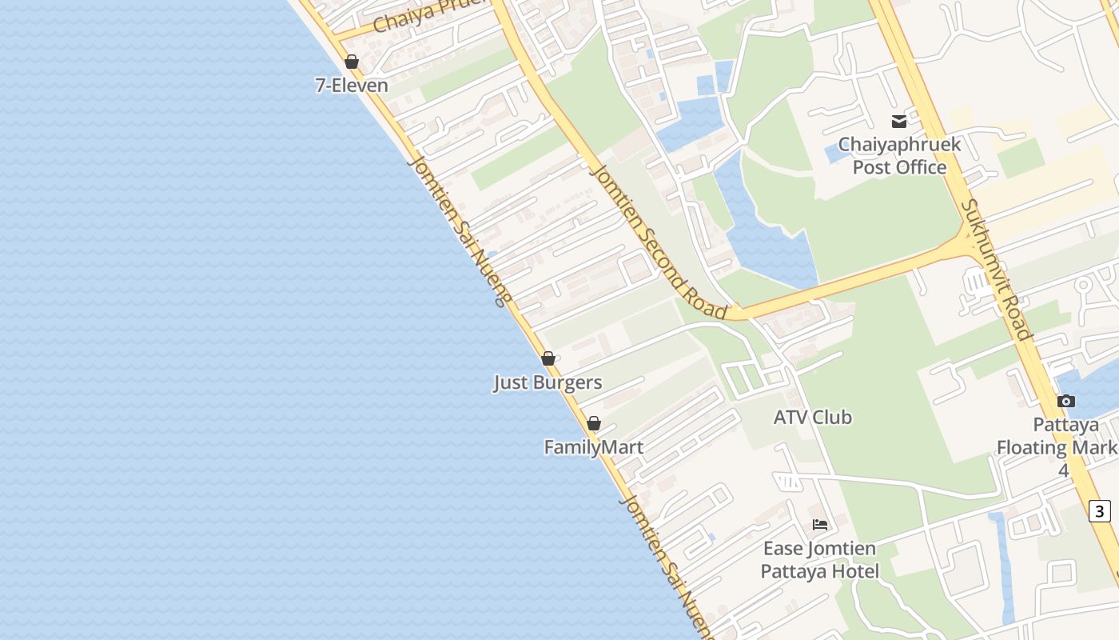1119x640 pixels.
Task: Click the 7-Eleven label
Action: (352, 86)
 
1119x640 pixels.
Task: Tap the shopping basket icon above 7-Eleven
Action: (352, 62)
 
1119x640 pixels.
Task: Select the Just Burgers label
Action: (548, 382)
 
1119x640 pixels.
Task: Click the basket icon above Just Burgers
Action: (548, 358)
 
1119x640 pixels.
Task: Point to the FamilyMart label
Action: (593, 447)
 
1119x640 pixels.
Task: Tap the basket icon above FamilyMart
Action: (594, 423)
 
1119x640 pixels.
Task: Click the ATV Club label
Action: (812, 418)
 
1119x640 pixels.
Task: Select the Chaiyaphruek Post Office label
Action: (899, 156)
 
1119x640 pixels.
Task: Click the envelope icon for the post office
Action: (899, 122)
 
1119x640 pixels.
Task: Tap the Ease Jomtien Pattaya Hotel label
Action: (819, 560)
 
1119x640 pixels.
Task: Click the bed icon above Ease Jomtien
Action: (820, 525)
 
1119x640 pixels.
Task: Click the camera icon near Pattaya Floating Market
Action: (1065, 401)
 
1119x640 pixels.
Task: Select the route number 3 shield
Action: (1100, 510)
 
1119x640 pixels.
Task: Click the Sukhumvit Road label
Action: (996, 270)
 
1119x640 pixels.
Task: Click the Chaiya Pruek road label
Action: (430, 14)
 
